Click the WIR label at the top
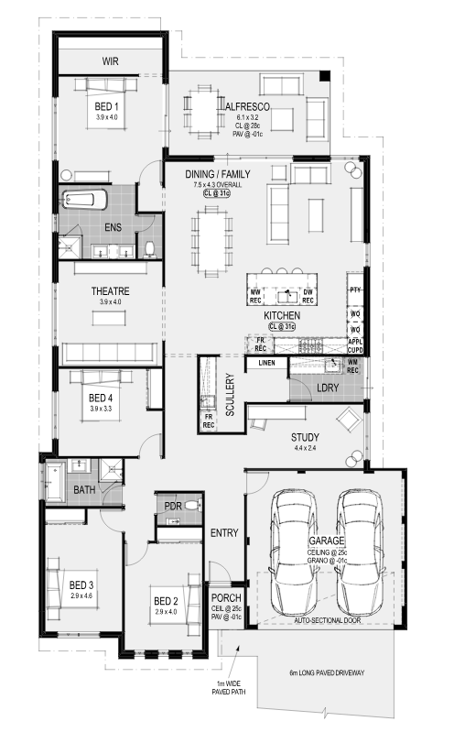pos(110,61)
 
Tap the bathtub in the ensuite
pos(84,200)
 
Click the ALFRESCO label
pos(247,107)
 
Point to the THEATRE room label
pos(110,291)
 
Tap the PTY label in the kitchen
pos(355,290)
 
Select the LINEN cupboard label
pos(266,363)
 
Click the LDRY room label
pos(328,388)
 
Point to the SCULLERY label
pos(230,395)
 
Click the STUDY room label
pos(305,437)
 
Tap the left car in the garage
pos(294,552)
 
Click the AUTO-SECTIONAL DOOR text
pos(327,620)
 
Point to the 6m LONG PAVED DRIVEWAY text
pos(327,672)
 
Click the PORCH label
pos(226,598)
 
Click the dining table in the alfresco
pos(204,112)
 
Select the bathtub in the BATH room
pos(55,481)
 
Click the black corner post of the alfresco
pos(325,76)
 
